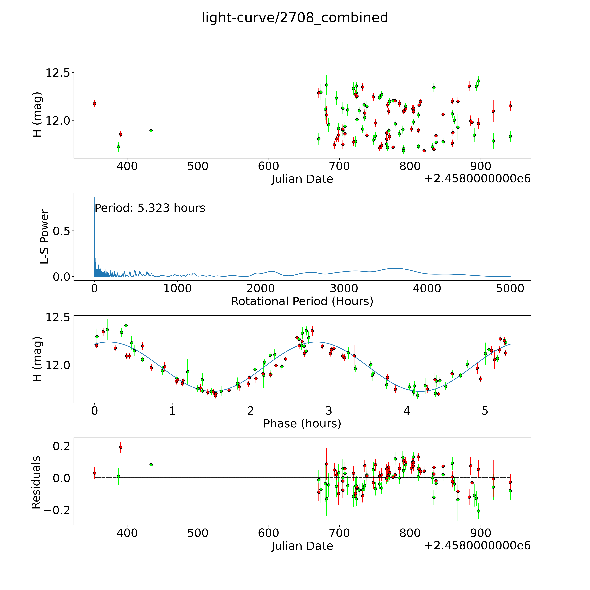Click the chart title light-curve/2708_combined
pos(295,18)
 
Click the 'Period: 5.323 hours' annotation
pos(150,208)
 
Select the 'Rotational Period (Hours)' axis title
pos(302,301)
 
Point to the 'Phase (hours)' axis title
pos(302,424)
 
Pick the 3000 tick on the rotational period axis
pos(344,288)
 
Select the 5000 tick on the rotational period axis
pos(510,288)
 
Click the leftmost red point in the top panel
pos(95,104)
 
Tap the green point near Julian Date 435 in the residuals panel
pos(151,465)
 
